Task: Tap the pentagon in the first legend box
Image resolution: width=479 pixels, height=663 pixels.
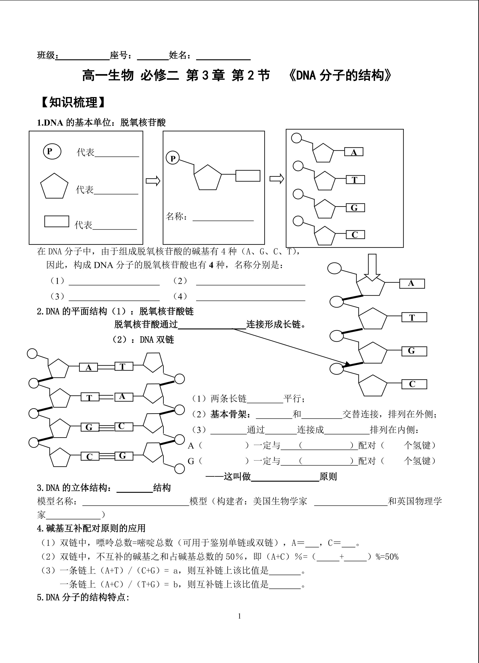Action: (54, 186)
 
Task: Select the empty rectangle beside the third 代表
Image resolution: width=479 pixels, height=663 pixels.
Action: (57, 221)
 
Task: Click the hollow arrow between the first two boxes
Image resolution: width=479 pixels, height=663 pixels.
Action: (153, 181)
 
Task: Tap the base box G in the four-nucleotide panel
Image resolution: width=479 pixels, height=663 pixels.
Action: (355, 208)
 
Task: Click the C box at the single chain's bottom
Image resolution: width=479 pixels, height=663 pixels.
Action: (414, 384)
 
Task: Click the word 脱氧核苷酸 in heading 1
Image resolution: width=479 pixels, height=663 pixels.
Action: (143, 123)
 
